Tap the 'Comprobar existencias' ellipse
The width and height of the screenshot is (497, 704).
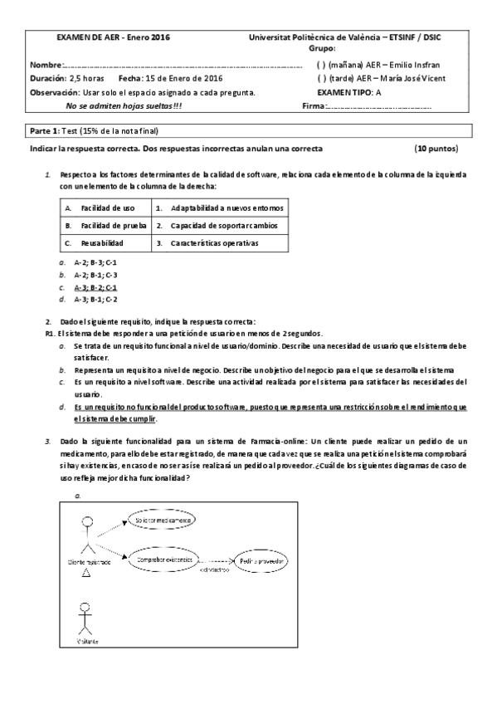[x=163, y=560]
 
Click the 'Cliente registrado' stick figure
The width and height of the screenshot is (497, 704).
[x=85, y=536]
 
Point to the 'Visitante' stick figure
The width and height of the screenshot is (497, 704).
[x=84, y=616]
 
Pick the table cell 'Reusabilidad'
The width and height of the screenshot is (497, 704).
[x=102, y=243]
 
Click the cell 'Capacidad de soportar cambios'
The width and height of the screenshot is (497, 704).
[x=218, y=225]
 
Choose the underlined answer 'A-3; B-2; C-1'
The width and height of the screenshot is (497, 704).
[x=95, y=286]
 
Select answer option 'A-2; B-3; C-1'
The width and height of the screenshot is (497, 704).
[x=95, y=262]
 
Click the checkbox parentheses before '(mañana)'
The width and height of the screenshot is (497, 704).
[x=321, y=65]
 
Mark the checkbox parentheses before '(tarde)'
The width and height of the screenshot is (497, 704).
[x=321, y=79]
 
